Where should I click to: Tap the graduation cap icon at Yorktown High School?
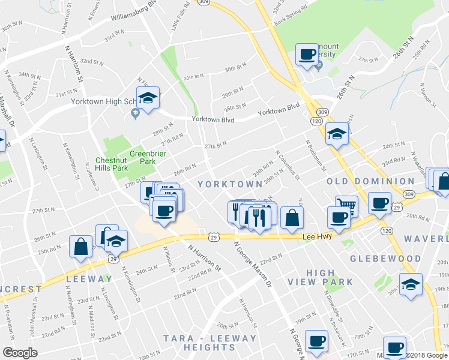147,97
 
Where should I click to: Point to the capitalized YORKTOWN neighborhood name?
227,184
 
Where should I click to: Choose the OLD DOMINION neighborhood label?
370,181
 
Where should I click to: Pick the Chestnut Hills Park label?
112,164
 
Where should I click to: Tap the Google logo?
20,353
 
